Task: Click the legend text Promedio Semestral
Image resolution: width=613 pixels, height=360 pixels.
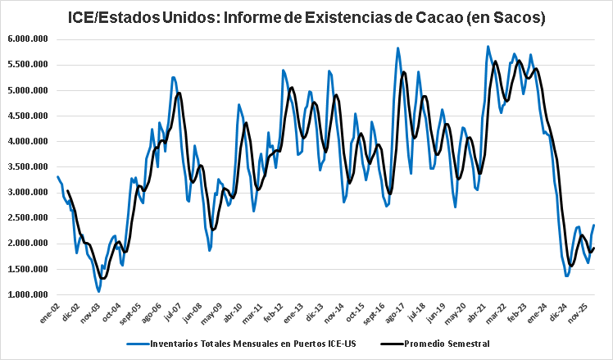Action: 447,344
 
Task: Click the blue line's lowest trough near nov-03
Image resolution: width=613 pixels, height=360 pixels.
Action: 98,291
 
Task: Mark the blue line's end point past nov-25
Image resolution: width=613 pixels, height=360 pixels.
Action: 594,225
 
